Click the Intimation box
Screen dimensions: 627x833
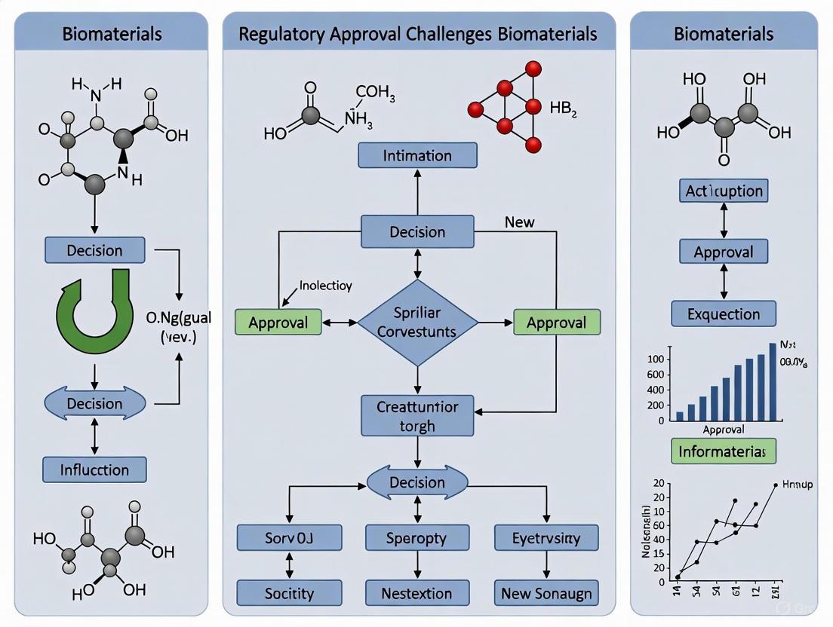tap(417, 156)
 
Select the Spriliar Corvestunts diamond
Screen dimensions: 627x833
tap(417, 323)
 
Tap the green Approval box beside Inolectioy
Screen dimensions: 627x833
tap(278, 323)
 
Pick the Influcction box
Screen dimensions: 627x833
tap(94, 469)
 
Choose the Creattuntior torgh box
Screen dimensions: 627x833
tap(417, 416)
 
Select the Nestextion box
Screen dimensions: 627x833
tap(416, 593)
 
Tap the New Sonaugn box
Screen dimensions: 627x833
tap(547, 593)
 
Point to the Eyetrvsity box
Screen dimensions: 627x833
tap(547, 538)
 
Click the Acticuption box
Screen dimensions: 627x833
tap(724, 191)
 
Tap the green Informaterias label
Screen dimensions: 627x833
tap(724, 451)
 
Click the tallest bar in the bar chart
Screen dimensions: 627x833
tap(772, 381)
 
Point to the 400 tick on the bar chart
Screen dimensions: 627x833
tap(656, 390)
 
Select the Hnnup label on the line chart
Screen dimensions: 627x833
tap(798, 485)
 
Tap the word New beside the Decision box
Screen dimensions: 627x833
tap(519, 222)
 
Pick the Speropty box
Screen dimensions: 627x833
tap(416, 538)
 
